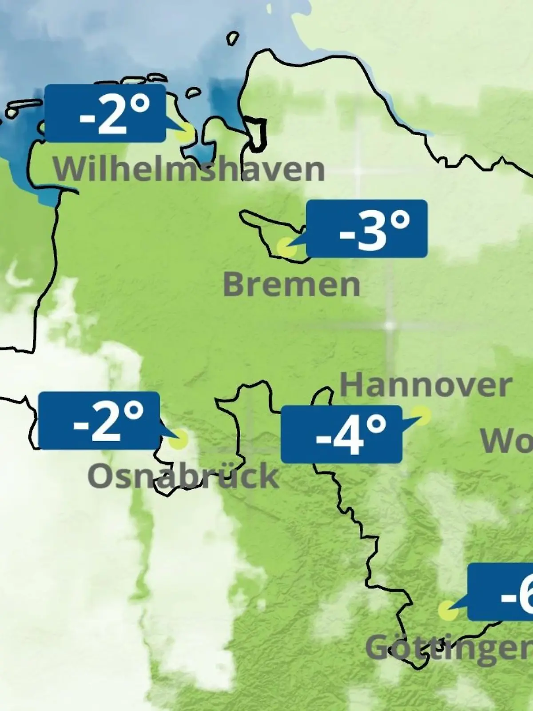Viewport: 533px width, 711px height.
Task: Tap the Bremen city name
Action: [x=291, y=284]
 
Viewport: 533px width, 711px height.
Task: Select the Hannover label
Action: [x=426, y=385]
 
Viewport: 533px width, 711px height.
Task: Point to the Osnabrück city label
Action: [x=183, y=475]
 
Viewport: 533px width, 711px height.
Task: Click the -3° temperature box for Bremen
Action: [x=367, y=229]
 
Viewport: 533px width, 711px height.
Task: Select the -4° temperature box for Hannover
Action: [x=341, y=434]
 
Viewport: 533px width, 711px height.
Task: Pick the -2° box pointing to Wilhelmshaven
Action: [x=106, y=113]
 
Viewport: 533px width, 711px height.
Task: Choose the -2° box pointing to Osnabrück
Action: [x=99, y=421]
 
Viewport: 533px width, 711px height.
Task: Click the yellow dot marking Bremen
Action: [x=286, y=247]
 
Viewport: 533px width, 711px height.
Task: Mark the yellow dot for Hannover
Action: [x=422, y=415]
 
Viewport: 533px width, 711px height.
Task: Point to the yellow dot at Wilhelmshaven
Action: [x=185, y=132]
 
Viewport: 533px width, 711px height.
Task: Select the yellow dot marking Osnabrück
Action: [x=179, y=439]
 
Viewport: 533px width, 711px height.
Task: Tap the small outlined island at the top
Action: [x=232, y=38]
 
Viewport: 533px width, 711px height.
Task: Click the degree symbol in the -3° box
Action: [x=401, y=221]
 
